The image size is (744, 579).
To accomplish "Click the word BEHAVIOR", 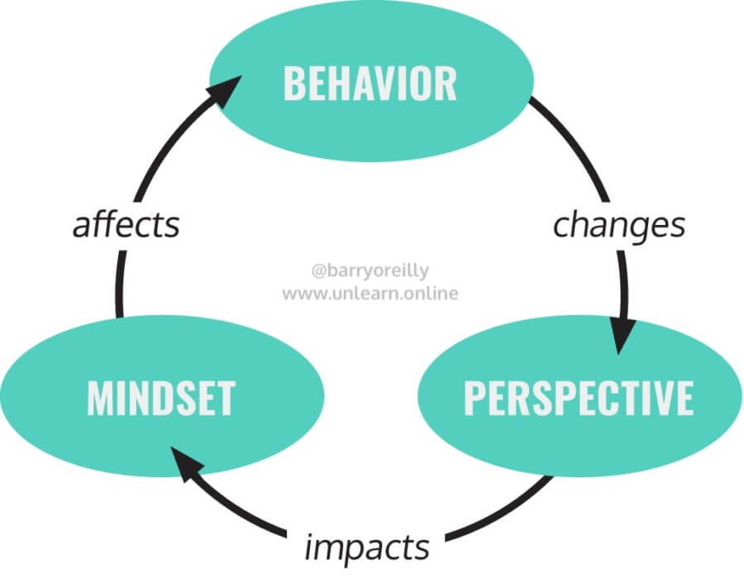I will (370, 84).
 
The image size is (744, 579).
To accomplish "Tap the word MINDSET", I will (160, 398).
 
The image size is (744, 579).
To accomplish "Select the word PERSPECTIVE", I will (578, 398).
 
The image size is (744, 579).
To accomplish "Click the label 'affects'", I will (126, 225).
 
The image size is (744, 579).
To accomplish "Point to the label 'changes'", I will (618, 224).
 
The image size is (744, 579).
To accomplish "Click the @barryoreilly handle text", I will (370, 270).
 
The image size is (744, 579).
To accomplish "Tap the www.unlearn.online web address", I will (370, 293).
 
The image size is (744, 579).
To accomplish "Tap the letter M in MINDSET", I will (100, 398).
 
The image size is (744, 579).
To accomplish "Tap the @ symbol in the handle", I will (317, 270).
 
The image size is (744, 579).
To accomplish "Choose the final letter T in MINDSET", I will (225, 398).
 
